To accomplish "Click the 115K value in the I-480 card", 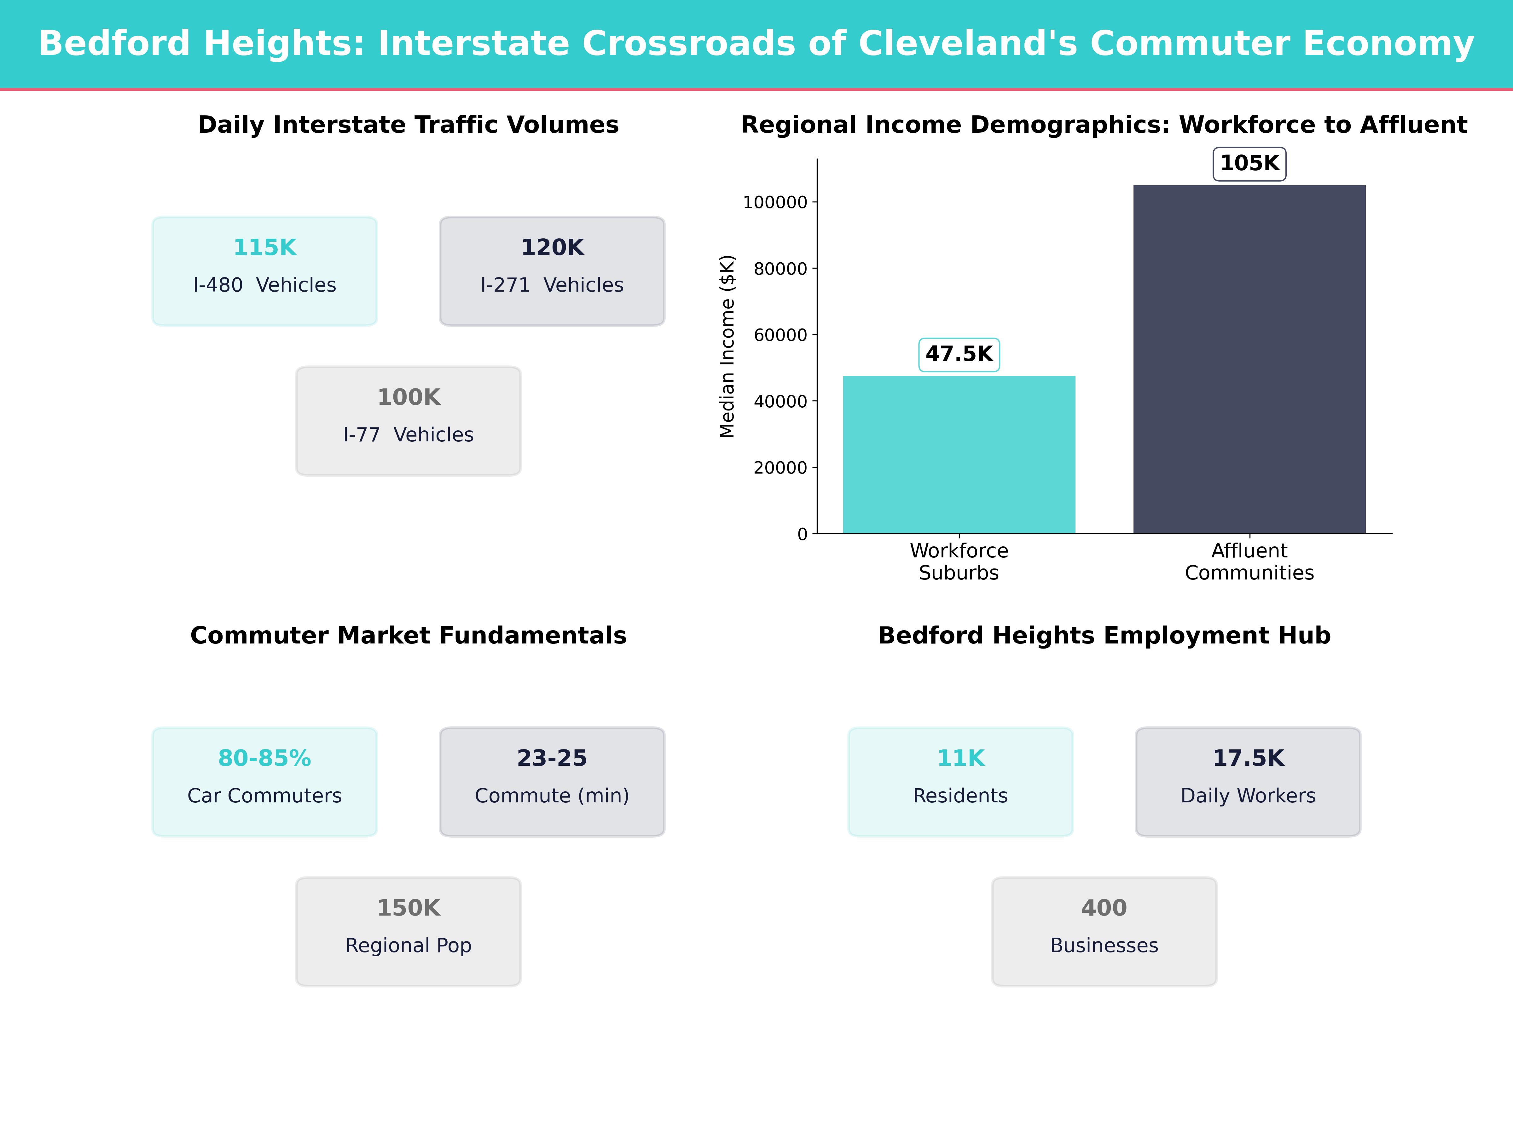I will tap(265, 248).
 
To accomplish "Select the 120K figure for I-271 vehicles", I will tap(552, 248).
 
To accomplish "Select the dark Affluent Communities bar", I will tap(1249, 359).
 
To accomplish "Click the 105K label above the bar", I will tap(1249, 164).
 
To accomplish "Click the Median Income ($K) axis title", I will tap(727, 346).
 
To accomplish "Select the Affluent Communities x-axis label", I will tap(1249, 562).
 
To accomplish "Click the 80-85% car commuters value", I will tap(265, 758).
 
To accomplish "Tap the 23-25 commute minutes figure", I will tap(552, 758).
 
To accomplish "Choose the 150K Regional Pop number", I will tap(408, 908).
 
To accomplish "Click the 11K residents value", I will tap(960, 758).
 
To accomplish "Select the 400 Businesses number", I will tap(1104, 908).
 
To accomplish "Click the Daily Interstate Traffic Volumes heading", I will tap(408, 125).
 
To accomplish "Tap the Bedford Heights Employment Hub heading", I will tap(1104, 636).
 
